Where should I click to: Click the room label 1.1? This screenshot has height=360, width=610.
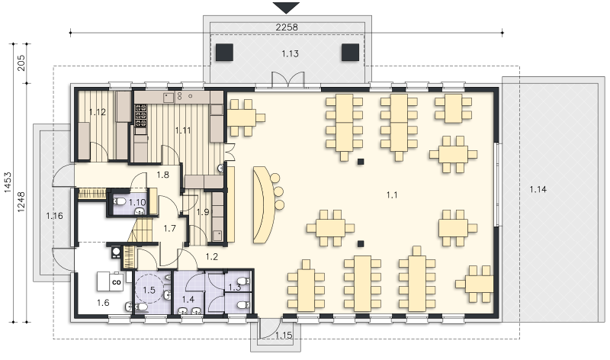pyautogui.click(x=392, y=195)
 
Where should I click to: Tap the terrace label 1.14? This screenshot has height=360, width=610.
pyautogui.click(x=538, y=190)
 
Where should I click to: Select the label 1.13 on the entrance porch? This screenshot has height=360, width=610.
pyautogui.click(x=291, y=53)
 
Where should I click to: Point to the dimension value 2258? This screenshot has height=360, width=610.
pyautogui.click(x=287, y=27)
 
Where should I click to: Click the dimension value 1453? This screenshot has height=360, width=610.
pyautogui.click(x=8, y=183)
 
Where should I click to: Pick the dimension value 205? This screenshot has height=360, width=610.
pyautogui.click(x=21, y=63)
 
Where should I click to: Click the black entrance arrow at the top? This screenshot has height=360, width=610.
pyautogui.click(x=287, y=8)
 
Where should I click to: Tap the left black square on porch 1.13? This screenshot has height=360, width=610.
pyautogui.click(x=224, y=53)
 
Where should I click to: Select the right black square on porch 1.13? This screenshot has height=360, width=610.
pyautogui.click(x=350, y=53)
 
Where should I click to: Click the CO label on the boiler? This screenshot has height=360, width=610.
pyautogui.click(x=117, y=282)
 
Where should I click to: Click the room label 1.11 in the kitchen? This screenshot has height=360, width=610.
pyautogui.click(x=183, y=130)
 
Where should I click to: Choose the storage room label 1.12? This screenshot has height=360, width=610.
pyautogui.click(x=98, y=112)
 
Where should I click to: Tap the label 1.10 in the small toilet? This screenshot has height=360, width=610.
pyautogui.click(x=137, y=202)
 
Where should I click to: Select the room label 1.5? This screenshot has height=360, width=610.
pyautogui.click(x=149, y=290)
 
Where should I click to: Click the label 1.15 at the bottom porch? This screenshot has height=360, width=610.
pyautogui.click(x=284, y=335)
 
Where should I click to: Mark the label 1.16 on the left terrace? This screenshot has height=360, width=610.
pyautogui.click(x=54, y=216)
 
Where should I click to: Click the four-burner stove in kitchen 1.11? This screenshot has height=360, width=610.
pyautogui.click(x=140, y=115)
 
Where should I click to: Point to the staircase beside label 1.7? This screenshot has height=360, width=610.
pyautogui.click(x=141, y=230)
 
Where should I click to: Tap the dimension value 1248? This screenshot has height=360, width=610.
pyautogui.click(x=21, y=201)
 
